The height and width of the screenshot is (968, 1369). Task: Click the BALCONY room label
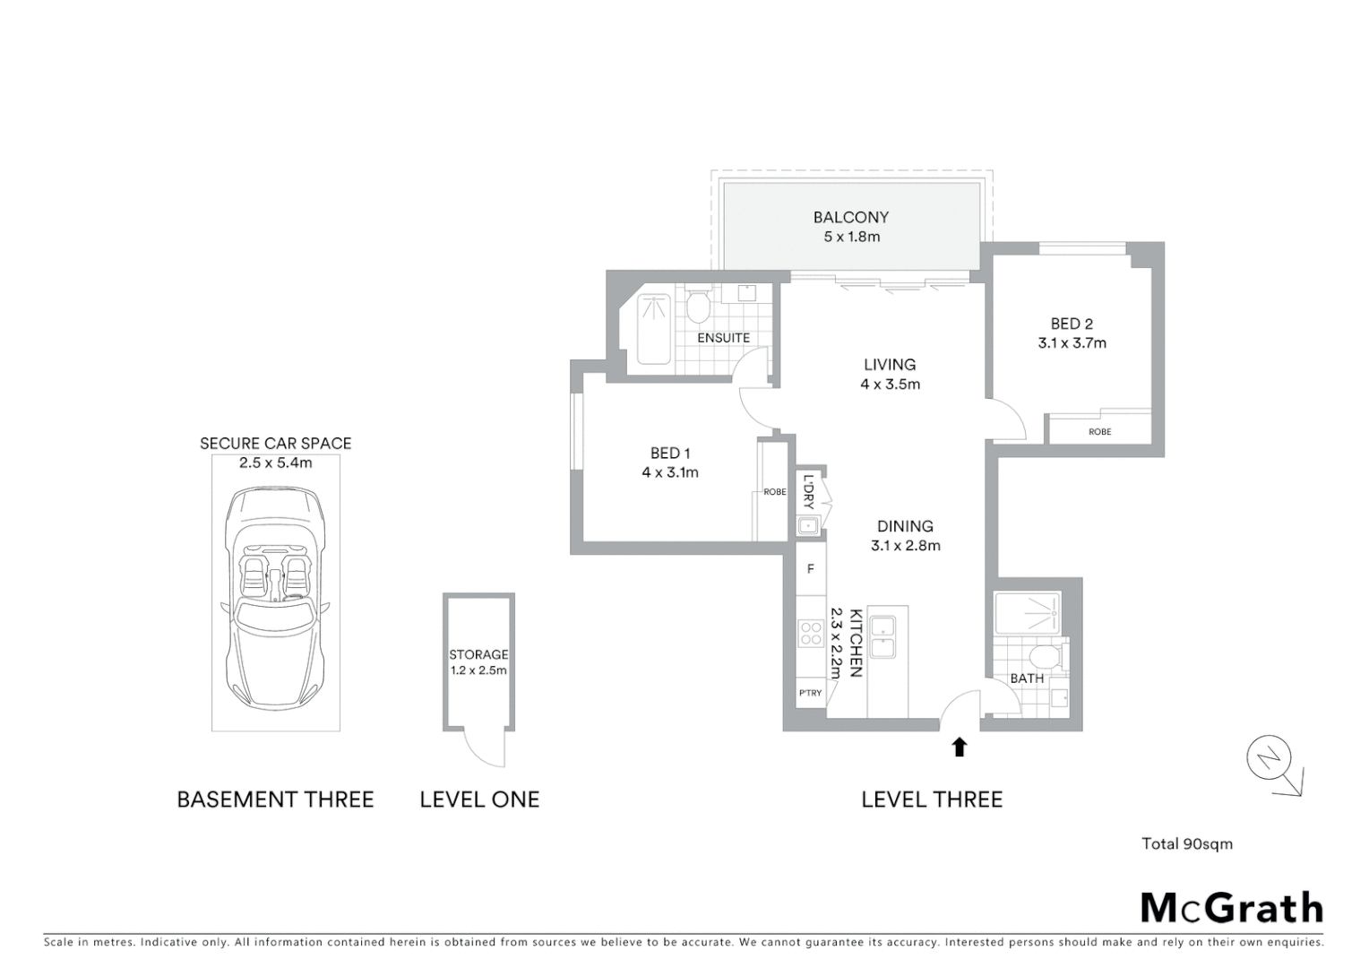pyautogui.click(x=850, y=217)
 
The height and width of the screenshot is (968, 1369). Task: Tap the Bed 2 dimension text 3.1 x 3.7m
pyautogui.click(x=1072, y=343)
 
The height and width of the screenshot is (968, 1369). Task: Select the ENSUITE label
pyautogui.click(x=723, y=338)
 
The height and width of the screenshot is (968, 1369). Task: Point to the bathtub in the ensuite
pyautogui.click(x=653, y=329)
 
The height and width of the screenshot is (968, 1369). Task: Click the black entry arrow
pyautogui.click(x=960, y=747)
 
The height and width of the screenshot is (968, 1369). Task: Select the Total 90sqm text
pyautogui.click(x=1186, y=843)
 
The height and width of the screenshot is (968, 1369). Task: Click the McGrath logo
pyautogui.click(x=1231, y=908)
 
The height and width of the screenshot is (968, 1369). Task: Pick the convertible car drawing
pyautogui.click(x=275, y=596)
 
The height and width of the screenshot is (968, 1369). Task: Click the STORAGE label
pyautogui.click(x=478, y=654)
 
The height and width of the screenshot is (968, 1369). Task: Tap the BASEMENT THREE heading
pyautogui.click(x=275, y=799)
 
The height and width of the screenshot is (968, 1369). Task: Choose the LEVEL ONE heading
pyautogui.click(x=479, y=799)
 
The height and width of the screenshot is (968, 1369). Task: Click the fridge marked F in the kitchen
pyautogui.click(x=811, y=569)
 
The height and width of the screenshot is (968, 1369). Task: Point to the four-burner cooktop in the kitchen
pyautogui.click(x=811, y=634)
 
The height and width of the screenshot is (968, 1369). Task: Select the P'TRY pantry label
pyautogui.click(x=810, y=693)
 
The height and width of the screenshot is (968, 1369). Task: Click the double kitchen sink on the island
pyautogui.click(x=883, y=637)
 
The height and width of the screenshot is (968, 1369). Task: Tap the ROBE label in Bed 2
pyautogui.click(x=1099, y=432)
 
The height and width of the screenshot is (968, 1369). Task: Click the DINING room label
pyautogui.click(x=905, y=526)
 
